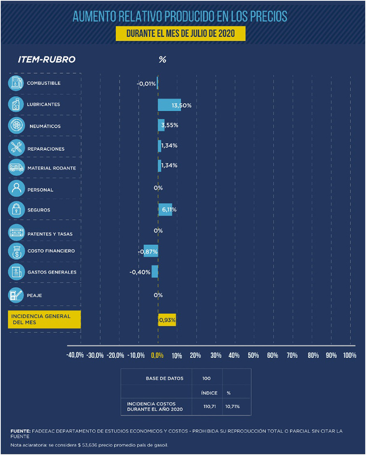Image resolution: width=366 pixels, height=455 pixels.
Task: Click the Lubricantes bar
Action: [x=169, y=105]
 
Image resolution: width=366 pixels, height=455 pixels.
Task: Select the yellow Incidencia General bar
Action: [x=167, y=320]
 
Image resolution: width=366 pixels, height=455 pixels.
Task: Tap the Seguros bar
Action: [x=165, y=210]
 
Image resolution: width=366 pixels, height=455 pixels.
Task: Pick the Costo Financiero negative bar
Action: [x=151, y=251]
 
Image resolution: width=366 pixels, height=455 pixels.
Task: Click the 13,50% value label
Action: [x=182, y=106]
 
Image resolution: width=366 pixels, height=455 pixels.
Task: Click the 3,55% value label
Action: [x=170, y=125]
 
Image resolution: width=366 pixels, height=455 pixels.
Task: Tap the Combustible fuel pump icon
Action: [x=16, y=83]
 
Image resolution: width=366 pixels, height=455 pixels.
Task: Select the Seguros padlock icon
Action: [x=16, y=210]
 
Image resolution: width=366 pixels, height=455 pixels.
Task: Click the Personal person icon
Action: [x=16, y=189]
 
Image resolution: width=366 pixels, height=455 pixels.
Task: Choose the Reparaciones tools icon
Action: [x=16, y=147]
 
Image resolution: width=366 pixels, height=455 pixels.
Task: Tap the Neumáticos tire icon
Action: [x=16, y=125]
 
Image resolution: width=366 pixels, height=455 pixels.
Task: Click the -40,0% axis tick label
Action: [x=75, y=355]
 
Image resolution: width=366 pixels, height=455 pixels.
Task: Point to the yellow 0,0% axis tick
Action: [x=157, y=355]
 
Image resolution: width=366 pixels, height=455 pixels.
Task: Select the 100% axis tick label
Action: [x=349, y=355]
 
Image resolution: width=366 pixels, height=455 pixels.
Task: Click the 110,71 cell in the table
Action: [x=209, y=406]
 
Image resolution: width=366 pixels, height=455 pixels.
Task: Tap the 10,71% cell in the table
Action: [x=232, y=406]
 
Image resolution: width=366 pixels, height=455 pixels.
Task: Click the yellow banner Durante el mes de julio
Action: [x=180, y=34]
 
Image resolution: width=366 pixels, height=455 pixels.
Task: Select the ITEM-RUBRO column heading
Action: [x=46, y=60]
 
